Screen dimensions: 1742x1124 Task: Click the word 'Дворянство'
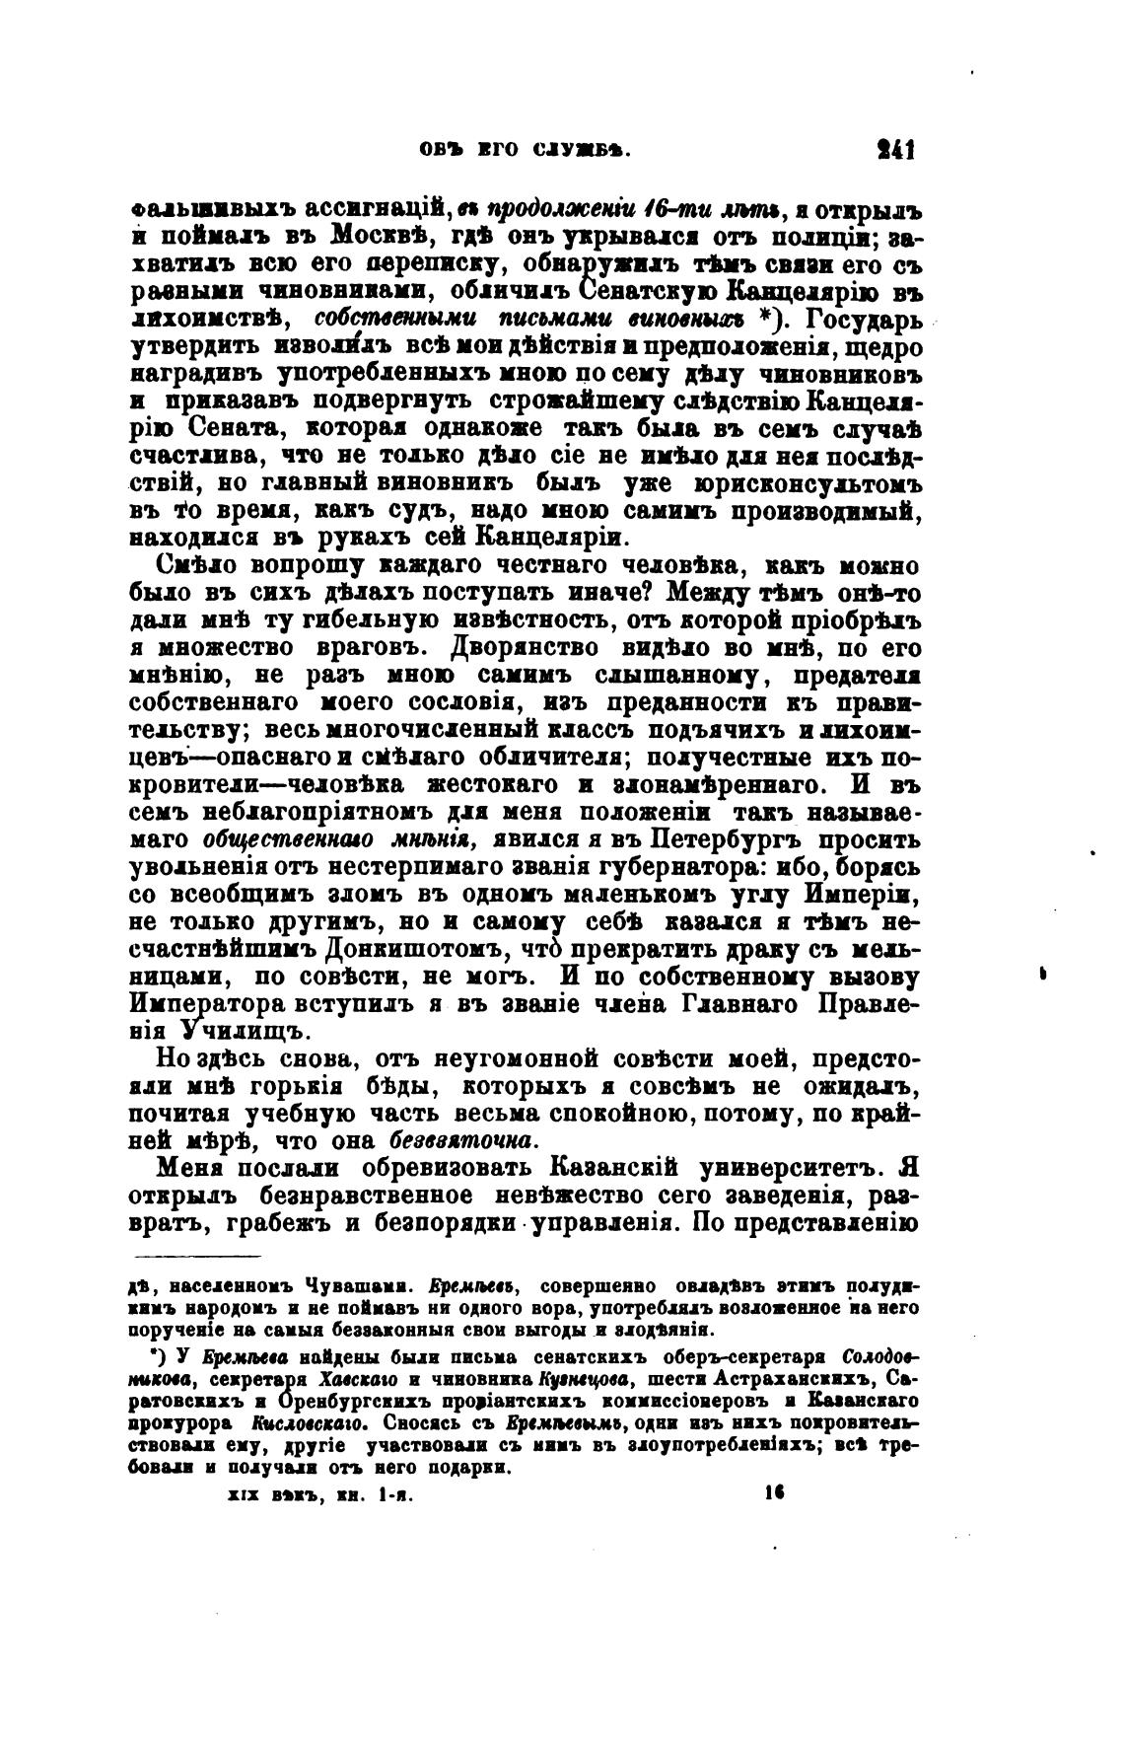point(526,649)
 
